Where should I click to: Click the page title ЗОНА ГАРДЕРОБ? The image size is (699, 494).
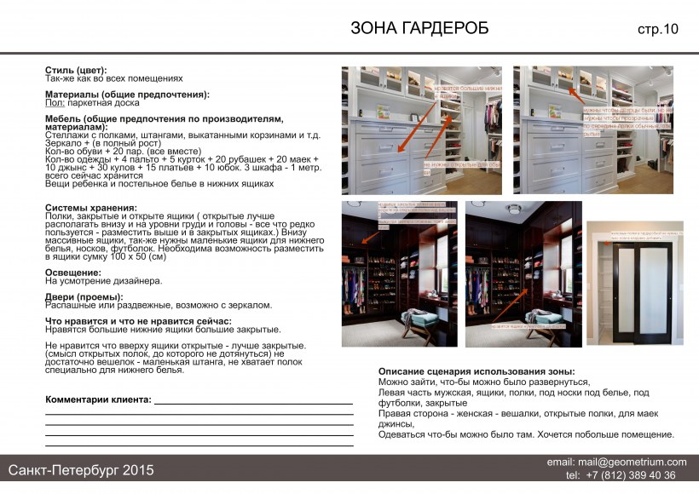pos(419,28)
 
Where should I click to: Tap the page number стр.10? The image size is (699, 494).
pos(657,30)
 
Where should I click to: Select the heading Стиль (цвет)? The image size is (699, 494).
pos(76,70)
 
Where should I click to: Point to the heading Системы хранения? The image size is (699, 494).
pos(90,208)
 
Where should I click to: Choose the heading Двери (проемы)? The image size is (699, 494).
pos(84,297)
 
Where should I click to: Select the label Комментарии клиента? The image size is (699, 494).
pos(98,399)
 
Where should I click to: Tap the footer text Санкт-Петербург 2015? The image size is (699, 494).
pos(81,469)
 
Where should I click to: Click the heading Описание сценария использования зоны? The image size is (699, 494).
pos(477,372)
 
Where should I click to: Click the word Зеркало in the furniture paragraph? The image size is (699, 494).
pos(63,143)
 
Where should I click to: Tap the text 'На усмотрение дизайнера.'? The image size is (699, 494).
pos(103,281)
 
